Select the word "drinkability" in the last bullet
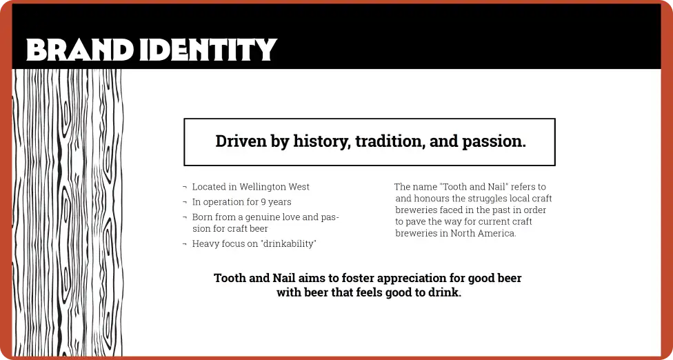285,243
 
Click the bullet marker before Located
185,188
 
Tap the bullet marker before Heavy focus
185,244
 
